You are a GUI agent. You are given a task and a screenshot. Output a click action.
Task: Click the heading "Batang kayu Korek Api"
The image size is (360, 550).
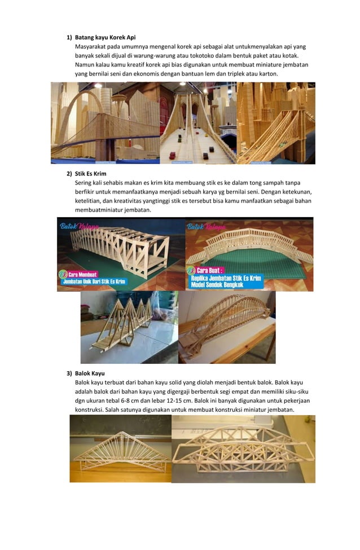tap(106, 37)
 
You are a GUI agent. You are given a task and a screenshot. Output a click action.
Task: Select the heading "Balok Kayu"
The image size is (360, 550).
tap(90, 373)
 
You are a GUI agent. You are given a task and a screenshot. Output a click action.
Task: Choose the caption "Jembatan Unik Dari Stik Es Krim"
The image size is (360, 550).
tap(99, 281)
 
